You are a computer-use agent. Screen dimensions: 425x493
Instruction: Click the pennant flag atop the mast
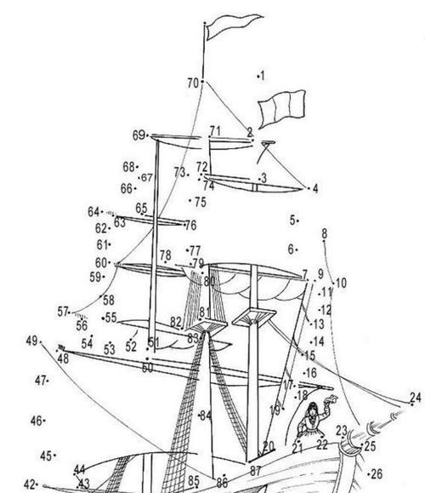click(232, 26)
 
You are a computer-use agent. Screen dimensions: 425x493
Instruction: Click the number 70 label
click(193, 83)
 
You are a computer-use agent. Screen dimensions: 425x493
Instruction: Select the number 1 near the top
click(263, 76)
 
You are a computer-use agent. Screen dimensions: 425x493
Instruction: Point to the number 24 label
click(415, 398)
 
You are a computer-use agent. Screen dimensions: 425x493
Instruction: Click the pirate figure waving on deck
click(314, 419)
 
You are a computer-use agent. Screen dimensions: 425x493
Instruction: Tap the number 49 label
click(31, 341)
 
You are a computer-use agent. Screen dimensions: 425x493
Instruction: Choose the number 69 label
click(139, 135)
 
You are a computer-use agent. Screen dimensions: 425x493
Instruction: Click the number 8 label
click(324, 233)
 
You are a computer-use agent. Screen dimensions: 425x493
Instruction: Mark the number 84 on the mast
click(206, 416)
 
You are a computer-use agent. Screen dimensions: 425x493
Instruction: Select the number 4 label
click(315, 189)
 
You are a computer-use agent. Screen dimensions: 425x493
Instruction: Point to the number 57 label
click(63, 312)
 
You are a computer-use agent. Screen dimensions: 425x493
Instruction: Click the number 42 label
click(30, 484)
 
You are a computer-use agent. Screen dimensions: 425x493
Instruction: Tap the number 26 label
click(377, 473)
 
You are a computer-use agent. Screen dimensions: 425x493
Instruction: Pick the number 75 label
click(201, 202)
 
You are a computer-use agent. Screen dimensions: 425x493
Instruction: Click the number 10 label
click(341, 283)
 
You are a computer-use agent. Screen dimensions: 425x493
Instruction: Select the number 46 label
click(36, 421)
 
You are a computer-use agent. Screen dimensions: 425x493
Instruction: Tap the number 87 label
click(256, 471)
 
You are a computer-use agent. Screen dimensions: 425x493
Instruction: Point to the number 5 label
click(292, 221)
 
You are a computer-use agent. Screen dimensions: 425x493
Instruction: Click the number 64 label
click(93, 212)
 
